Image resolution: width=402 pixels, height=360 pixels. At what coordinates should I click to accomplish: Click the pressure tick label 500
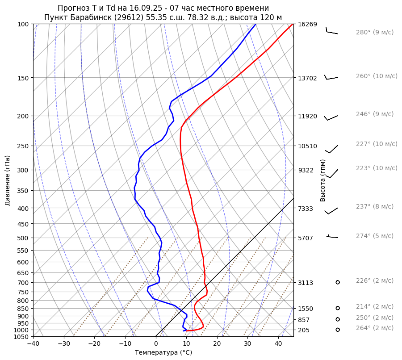[23, 238]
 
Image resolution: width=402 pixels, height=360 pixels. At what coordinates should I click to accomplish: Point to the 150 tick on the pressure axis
[23, 78]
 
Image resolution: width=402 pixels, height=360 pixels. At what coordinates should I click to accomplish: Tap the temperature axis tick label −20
[94, 344]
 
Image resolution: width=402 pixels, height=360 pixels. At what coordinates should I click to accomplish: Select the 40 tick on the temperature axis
[278, 344]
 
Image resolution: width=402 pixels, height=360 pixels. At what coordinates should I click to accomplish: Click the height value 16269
[307, 24]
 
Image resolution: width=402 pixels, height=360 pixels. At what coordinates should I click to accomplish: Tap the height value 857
[304, 320]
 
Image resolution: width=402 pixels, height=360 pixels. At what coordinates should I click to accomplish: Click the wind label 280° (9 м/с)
[374, 32]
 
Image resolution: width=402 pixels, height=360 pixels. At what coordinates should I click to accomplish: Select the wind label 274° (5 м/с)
[374, 236]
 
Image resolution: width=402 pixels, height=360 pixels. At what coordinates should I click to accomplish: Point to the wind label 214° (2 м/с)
[374, 306]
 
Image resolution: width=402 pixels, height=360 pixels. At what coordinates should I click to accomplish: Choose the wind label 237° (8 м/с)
[374, 206]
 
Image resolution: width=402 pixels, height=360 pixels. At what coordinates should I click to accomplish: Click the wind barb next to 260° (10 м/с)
[331, 78]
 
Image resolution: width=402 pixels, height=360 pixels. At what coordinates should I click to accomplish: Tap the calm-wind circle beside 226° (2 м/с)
[338, 282]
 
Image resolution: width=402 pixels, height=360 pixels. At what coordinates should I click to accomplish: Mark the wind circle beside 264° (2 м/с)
[338, 330]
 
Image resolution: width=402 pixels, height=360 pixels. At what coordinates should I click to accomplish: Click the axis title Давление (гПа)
[8, 180]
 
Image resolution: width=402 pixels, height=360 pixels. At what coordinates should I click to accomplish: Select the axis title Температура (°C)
[163, 353]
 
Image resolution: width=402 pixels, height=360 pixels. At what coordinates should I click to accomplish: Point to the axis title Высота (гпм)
[322, 180]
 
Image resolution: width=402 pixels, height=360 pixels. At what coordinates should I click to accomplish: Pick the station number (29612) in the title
[122, 17]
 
